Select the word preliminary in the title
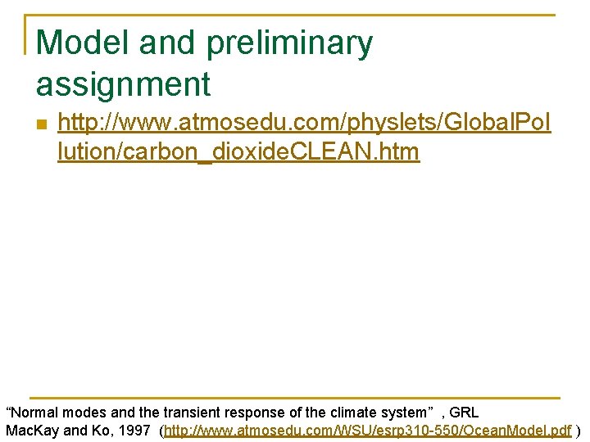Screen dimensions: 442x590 (289, 43)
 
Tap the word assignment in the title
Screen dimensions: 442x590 (124, 83)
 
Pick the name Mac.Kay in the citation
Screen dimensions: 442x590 (32, 431)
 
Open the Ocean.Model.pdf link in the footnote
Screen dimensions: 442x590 (524, 431)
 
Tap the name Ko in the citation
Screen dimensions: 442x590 (97, 431)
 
